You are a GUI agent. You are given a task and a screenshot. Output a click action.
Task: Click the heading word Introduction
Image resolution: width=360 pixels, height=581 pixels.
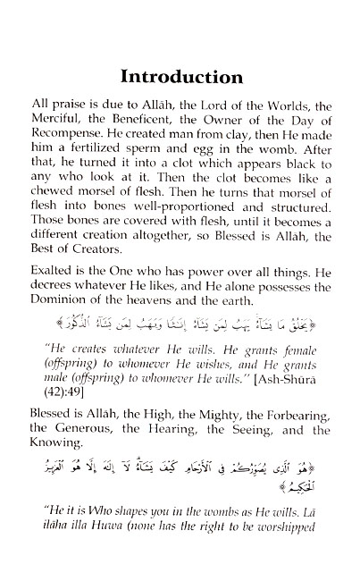(x=181, y=75)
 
